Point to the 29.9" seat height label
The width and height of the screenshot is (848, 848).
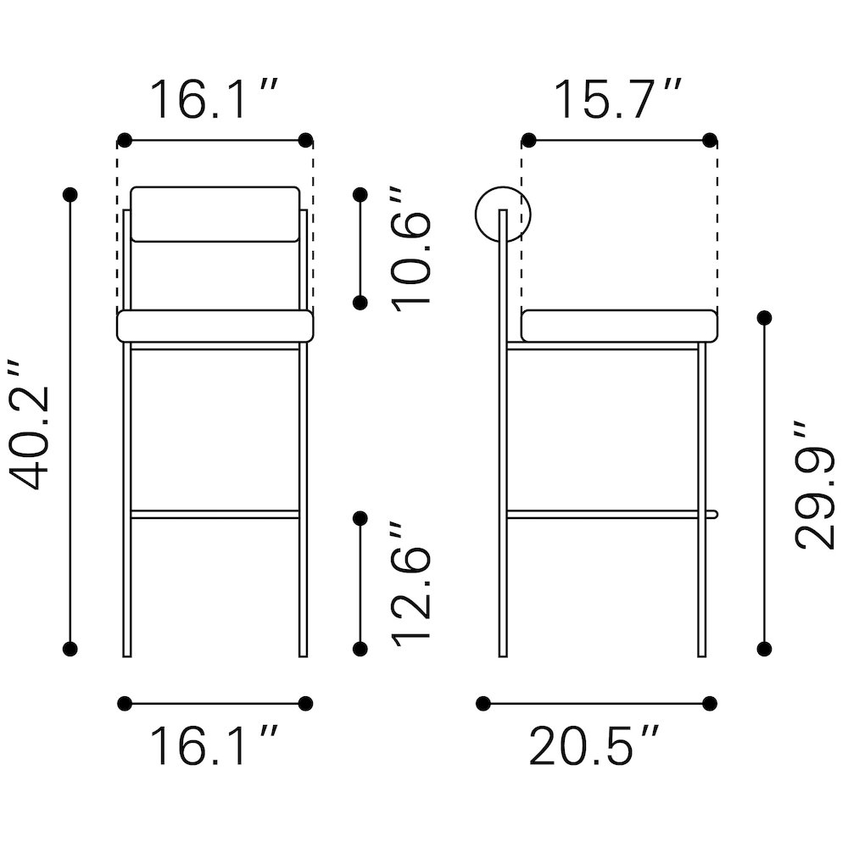pos(815,484)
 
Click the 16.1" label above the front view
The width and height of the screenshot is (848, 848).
pos(214,99)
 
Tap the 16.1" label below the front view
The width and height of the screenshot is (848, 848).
pos(214,746)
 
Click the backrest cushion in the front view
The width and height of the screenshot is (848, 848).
pos(215,215)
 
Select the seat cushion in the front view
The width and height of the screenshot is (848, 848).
pos(215,326)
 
